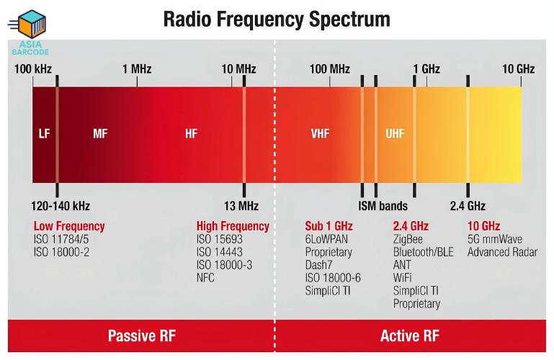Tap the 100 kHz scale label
tap(33, 69)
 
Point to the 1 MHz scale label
tap(137, 69)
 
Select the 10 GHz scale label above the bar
tap(518, 69)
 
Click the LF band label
tap(44, 134)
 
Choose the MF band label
tap(100, 134)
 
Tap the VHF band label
tap(320, 134)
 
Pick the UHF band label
tap(395, 134)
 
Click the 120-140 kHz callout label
tap(61, 206)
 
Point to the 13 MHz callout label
tap(241, 206)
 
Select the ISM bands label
tap(383, 206)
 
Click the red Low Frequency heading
tap(69, 226)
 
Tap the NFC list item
tap(205, 278)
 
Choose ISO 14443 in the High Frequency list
tap(220, 252)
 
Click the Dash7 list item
tap(318, 265)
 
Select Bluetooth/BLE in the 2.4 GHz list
tap(424, 252)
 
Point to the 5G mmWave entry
tap(495, 239)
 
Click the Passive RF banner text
tap(142, 336)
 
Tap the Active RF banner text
tap(410, 336)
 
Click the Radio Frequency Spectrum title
tap(277, 19)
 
